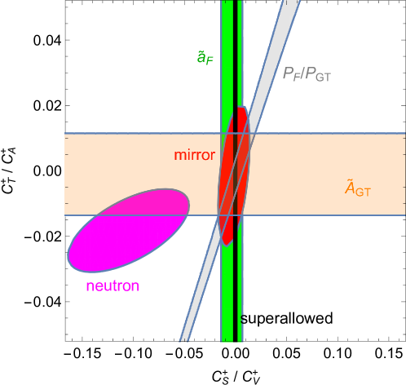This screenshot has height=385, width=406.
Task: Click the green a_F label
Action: [x=205, y=57]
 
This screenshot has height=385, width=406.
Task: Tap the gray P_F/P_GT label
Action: [x=307, y=74]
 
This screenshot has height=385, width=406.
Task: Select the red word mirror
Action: [x=194, y=155]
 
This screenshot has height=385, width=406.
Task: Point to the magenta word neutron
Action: [x=113, y=286]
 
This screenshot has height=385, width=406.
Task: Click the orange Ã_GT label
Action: [x=358, y=189]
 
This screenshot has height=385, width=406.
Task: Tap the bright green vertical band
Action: [x=226, y=285]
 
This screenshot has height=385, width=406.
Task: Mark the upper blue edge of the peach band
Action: [x=326, y=133]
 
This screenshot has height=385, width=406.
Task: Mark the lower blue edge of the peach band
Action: [x=326, y=216]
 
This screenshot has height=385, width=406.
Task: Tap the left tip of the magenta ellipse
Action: [x=68, y=259]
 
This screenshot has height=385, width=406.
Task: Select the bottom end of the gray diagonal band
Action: [x=186, y=337]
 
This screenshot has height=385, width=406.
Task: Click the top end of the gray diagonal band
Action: [x=292, y=4]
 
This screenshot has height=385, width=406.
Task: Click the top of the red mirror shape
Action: [x=241, y=108]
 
